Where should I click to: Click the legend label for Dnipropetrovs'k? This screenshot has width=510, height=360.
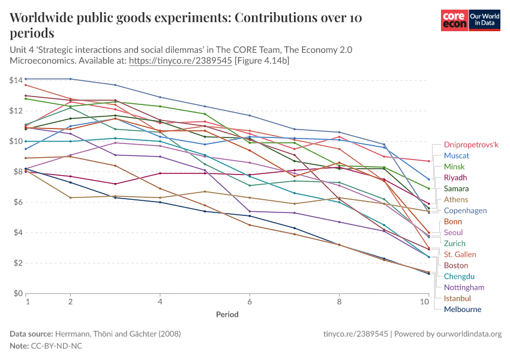471,145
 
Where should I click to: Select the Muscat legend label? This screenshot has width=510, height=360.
457,155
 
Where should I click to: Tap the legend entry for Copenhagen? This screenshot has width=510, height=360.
465,211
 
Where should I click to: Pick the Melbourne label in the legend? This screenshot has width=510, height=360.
462,310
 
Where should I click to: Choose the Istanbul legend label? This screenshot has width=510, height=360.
457,298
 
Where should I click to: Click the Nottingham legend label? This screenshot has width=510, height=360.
464,287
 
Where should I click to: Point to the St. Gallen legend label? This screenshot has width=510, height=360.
460,254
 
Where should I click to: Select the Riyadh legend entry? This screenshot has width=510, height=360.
455,178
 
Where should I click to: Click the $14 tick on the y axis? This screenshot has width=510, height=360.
16,80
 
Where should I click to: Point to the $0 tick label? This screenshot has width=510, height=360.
17,293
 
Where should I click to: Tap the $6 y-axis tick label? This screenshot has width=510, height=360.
17,202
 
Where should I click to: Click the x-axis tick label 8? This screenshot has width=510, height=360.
339,302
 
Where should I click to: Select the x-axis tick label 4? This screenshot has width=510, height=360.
160,302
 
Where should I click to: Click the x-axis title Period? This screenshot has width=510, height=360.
227,314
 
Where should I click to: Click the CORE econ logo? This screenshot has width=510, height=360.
454,20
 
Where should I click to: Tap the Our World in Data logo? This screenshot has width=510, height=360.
485,20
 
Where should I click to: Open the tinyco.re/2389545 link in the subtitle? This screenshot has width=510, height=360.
181,61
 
